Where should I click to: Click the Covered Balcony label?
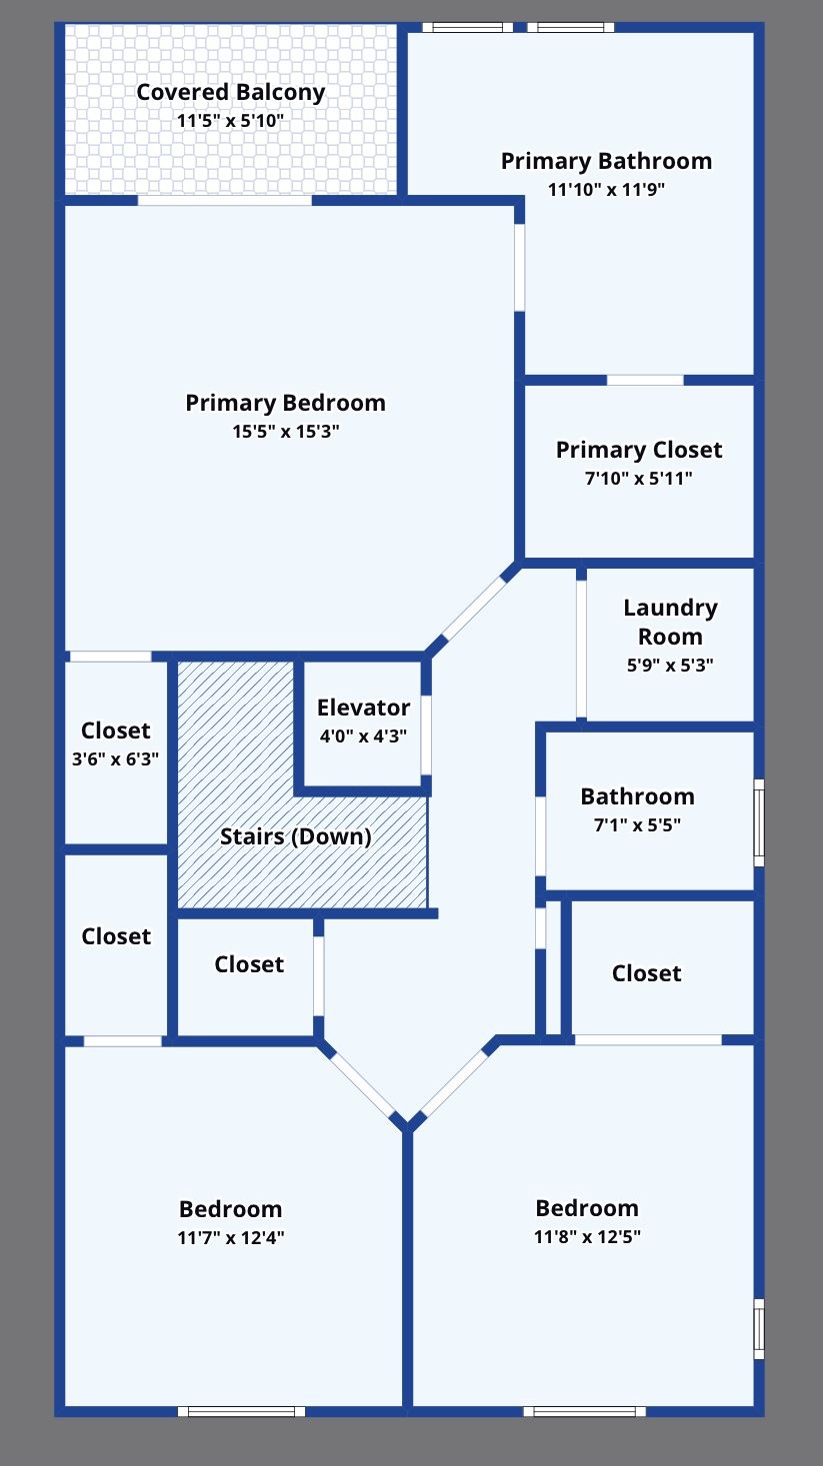231,93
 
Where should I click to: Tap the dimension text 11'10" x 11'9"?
606,189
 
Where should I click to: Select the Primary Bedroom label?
285,403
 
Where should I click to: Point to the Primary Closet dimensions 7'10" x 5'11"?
639,478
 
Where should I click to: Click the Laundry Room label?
670,622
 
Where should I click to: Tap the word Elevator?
363,708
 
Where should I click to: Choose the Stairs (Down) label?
295,836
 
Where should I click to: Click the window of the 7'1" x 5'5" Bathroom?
758,822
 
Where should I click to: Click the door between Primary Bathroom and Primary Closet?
645,380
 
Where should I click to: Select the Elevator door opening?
426,734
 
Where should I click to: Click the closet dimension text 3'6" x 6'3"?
116,758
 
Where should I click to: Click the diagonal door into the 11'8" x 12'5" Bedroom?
453,1084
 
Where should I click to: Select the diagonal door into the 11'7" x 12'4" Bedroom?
362,1083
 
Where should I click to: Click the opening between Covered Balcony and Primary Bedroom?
224,200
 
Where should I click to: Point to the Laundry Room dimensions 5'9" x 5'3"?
670,665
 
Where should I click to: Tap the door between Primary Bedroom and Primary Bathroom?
519,267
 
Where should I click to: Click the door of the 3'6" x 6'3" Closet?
110,657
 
